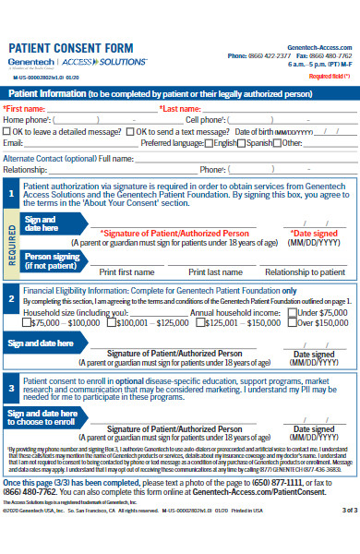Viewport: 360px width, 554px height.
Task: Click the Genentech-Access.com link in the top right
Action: [321, 45]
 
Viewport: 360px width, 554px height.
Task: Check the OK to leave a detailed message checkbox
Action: [7, 131]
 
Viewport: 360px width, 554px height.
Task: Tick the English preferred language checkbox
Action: [207, 143]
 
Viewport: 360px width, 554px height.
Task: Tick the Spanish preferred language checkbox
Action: [242, 143]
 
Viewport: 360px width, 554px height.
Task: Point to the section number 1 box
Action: [10, 194]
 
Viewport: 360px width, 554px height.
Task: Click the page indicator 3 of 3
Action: [348, 535]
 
